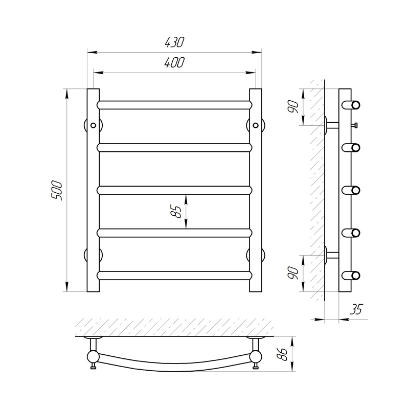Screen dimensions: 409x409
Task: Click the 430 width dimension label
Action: point(174,42)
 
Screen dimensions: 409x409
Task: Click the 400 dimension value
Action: point(174,62)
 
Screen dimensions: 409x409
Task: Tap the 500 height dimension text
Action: point(57,190)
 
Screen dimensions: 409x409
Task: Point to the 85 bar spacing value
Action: point(176,212)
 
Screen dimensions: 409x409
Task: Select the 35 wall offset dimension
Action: point(356,309)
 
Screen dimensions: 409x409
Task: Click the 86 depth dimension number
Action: point(283,354)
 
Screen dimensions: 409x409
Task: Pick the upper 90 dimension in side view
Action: point(292,107)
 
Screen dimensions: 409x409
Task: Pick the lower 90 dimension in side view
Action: point(292,273)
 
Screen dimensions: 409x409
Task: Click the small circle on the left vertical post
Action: point(93,125)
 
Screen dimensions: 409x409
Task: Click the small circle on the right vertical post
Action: point(256,125)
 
